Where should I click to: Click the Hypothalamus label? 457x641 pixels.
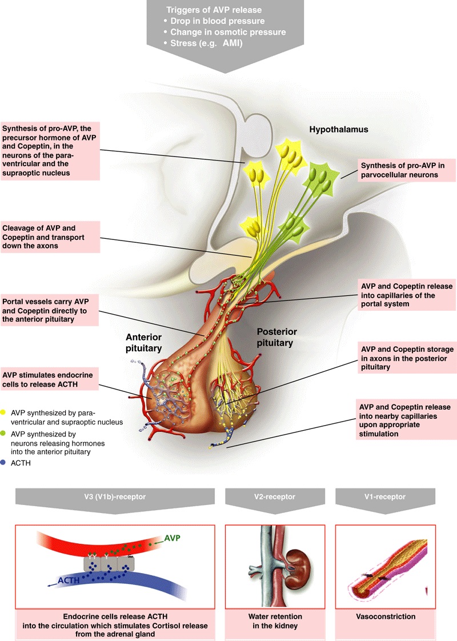(339, 130)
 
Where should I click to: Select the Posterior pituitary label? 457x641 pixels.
(275, 337)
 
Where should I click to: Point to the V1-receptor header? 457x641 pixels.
(384, 497)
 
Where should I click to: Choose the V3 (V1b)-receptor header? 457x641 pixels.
(115, 497)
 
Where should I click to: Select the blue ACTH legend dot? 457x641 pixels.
(5, 463)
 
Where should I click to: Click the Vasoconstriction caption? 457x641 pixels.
(384, 616)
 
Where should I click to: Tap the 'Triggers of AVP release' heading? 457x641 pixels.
(213, 10)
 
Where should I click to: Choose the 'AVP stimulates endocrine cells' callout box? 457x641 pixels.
(50, 379)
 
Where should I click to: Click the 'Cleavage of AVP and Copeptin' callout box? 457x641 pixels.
(50, 237)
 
